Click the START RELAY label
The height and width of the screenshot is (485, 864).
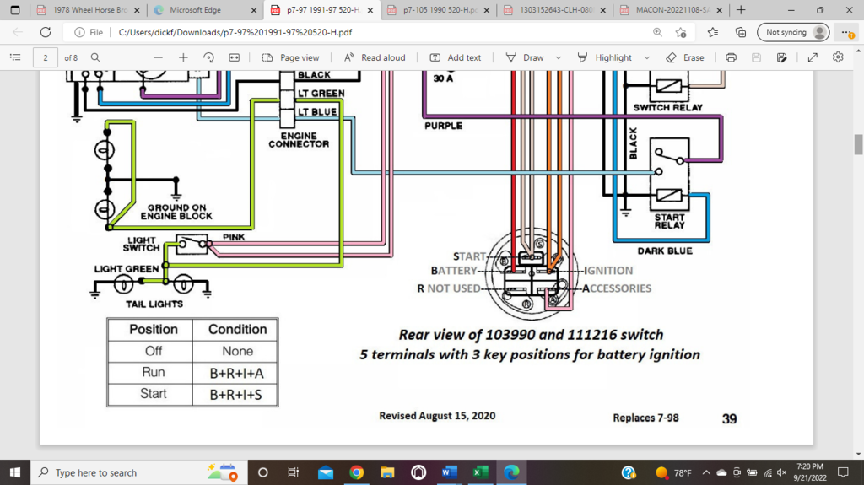pyautogui.click(x=669, y=221)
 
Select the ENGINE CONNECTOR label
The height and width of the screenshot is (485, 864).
pyautogui.click(x=299, y=139)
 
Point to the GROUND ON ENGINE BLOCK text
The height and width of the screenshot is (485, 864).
pyautogui.click(x=176, y=212)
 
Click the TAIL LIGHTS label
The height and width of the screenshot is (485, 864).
pyautogui.click(x=155, y=304)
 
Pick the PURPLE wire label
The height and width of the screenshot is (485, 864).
pyautogui.click(x=443, y=126)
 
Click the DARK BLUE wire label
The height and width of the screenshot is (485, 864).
pyautogui.click(x=665, y=251)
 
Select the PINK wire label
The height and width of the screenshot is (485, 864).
pyautogui.click(x=234, y=238)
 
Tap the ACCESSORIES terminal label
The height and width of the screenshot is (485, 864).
pyautogui.click(x=616, y=288)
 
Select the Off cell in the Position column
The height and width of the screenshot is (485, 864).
pyautogui.click(x=153, y=351)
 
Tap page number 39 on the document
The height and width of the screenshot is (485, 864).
pyautogui.click(x=729, y=418)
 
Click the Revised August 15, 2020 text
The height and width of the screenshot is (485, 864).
pyautogui.click(x=437, y=416)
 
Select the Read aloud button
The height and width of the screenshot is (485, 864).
pyautogui.click(x=375, y=57)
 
